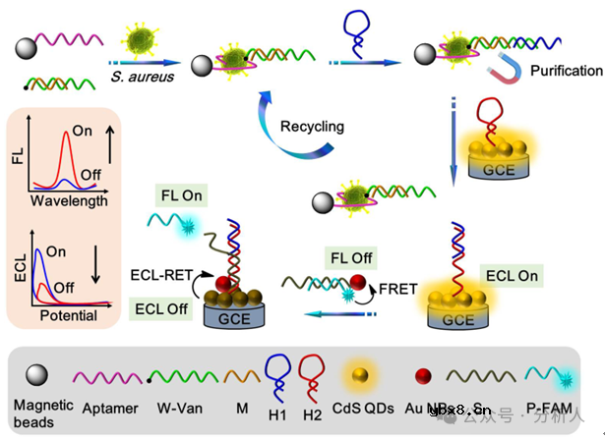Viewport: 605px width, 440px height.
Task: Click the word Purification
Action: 566,71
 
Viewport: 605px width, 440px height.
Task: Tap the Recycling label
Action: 313,127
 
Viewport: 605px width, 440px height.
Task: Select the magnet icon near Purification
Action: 504,69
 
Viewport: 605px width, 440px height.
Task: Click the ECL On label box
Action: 512,276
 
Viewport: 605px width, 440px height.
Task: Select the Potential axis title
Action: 69,316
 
